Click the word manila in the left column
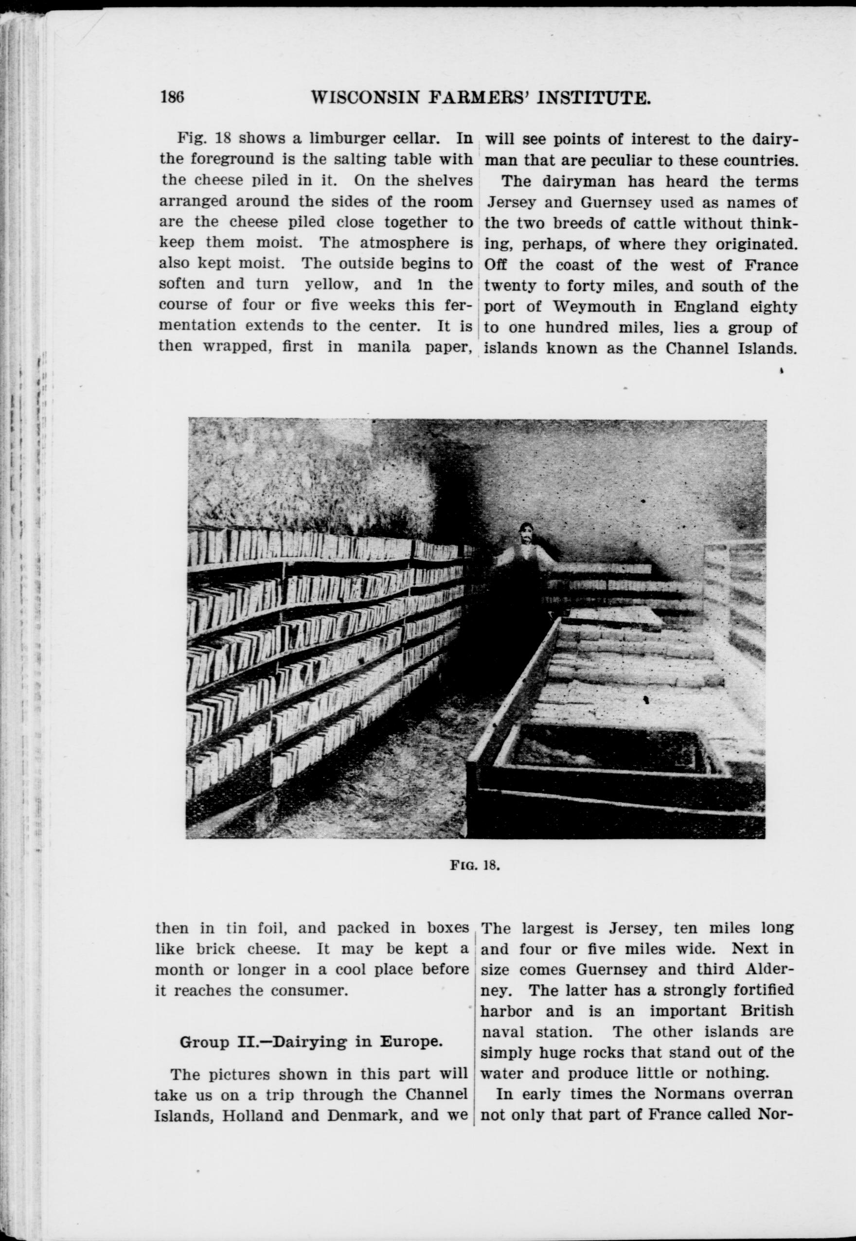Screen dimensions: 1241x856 tap(385, 346)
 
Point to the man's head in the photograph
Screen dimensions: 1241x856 tap(526, 535)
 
